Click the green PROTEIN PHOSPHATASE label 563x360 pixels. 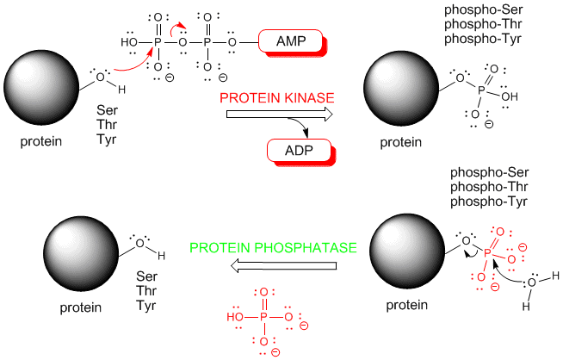(273, 248)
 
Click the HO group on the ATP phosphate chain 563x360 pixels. (130, 41)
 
